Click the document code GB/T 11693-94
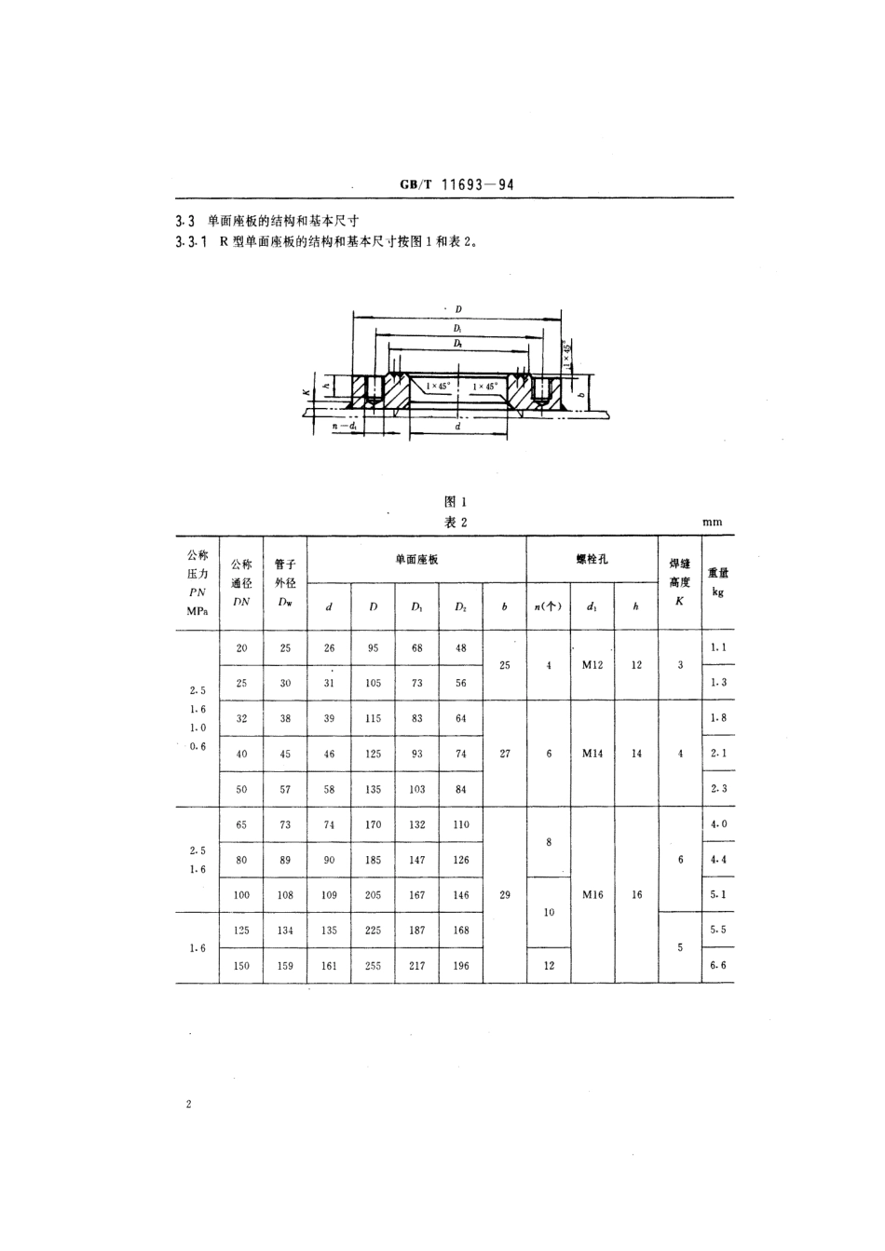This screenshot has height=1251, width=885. (x=456, y=184)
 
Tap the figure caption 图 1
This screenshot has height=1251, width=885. (x=456, y=502)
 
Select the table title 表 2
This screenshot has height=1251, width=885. (x=456, y=523)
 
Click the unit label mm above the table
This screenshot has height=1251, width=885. (x=712, y=523)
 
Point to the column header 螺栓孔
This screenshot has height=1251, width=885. (x=592, y=559)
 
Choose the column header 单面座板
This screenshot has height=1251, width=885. (x=416, y=559)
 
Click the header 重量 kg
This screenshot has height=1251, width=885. (x=717, y=581)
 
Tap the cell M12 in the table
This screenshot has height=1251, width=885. (x=592, y=665)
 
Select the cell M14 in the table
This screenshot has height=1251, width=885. (x=592, y=754)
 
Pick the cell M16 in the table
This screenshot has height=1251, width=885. (x=592, y=894)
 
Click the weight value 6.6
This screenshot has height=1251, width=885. (x=717, y=965)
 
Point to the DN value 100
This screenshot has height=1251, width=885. (x=241, y=894)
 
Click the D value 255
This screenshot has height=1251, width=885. (x=373, y=965)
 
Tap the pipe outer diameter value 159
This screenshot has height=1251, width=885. (x=285, y=965)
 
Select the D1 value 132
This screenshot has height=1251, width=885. (x=416, y=824)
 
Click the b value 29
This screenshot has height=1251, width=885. (x=505, y=894)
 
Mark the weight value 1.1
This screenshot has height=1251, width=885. (x=717, y=646)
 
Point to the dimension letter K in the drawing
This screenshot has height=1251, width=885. (x=305, y=393)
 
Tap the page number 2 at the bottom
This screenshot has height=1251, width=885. (x=188, y=1105)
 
